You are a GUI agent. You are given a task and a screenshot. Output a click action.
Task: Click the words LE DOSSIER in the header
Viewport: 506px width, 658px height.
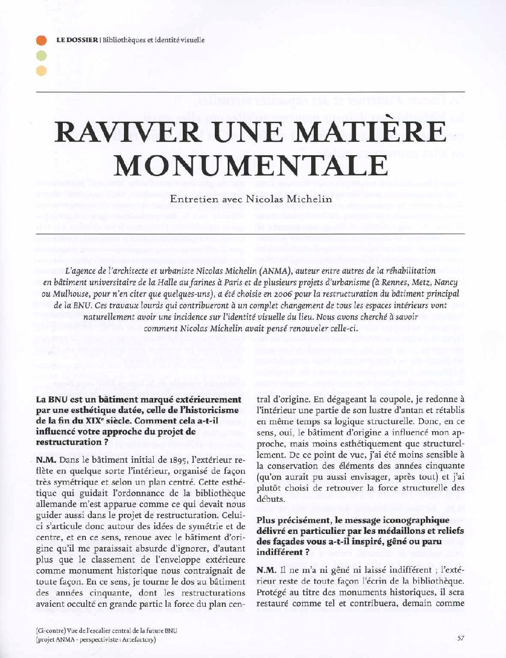pyautogui.click(x=76, y=40)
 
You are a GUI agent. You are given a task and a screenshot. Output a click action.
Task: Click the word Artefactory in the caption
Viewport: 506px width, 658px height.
pyautogui.click(x=137, y=640)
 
